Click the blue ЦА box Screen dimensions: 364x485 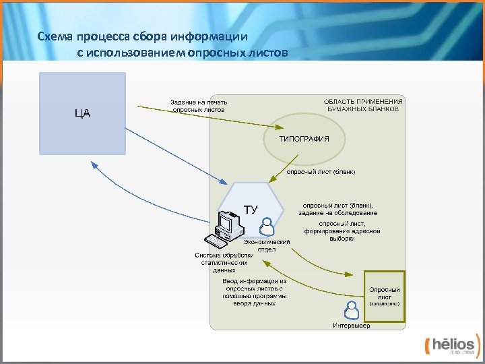[x=82, y=113]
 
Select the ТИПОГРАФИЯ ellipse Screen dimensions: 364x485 [x=304, y=139]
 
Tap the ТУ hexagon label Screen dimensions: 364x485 [x=250, y=209]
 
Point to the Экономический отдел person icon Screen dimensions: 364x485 [x=267, y=225]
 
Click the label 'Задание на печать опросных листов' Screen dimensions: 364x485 [x=194, y=105]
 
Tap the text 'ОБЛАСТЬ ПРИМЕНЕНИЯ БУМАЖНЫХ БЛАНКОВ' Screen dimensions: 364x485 [x=364, y=105]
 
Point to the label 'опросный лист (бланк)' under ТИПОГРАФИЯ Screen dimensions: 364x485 [x=321, y=172]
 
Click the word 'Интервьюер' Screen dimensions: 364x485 [x=351, y=326]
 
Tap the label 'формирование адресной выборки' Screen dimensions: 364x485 [x=342, y=231]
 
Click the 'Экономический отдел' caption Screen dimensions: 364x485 [x=267, y=245]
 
